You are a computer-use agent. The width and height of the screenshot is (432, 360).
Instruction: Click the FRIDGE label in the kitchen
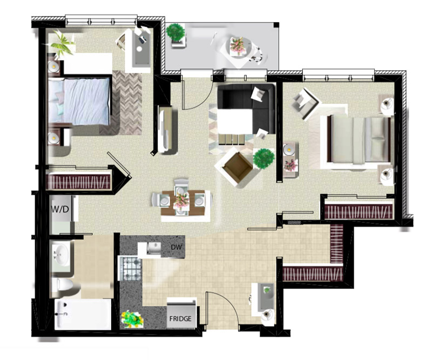[180, 319]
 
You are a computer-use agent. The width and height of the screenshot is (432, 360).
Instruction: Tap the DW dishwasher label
[177, 247]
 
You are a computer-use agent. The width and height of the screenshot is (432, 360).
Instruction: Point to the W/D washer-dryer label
[60, 209]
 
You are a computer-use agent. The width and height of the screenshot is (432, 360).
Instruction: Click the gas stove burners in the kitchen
[130, 269]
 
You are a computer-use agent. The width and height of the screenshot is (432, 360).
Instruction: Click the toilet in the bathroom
[62, 284]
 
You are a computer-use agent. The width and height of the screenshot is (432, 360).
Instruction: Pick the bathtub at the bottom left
[83, 314]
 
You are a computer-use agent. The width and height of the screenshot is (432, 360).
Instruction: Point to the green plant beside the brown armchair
[264, 158]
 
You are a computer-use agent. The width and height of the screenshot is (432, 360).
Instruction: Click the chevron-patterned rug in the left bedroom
[127, 103]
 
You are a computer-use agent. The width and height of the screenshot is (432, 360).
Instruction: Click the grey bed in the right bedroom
[358, 140]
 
